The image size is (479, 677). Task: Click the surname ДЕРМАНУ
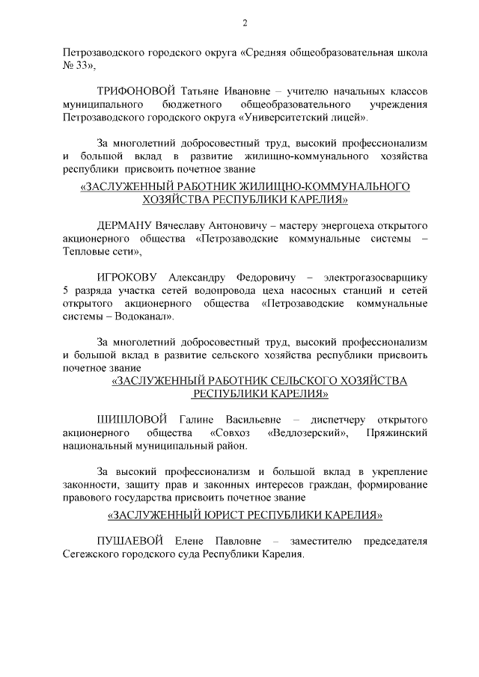(124, 225)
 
